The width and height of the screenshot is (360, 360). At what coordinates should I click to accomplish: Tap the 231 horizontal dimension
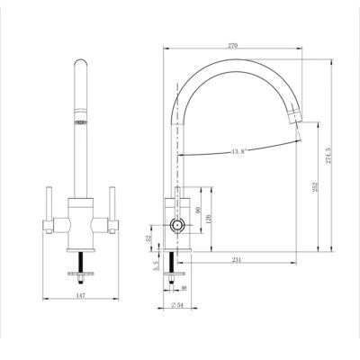(x=237, y=259)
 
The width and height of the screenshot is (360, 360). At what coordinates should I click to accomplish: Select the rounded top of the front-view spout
(x=79, y=64)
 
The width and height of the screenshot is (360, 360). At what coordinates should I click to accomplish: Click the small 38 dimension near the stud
(x=183, y=289)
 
